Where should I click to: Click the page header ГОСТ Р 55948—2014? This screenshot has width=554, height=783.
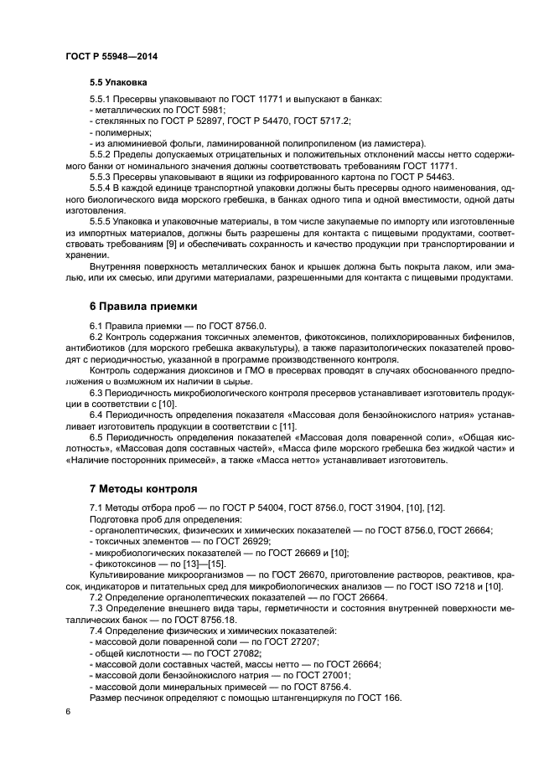pos(111,56)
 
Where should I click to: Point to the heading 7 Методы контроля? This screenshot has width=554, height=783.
pos(143,488)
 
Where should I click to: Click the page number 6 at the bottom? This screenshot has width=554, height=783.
pos(68,711)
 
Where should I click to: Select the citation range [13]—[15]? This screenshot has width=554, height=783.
pos(194,564)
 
